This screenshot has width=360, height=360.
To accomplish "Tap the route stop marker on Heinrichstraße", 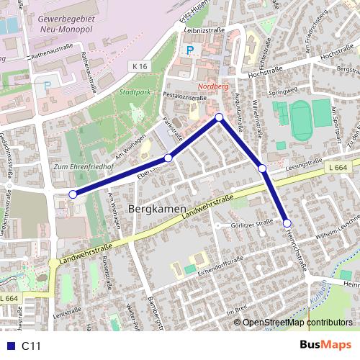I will pyautogui.click(x=287, y=223).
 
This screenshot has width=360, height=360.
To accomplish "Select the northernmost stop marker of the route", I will pyautogui.click(x=220, y=117).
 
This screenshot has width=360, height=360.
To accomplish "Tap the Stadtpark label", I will pyautogui.click(x=135, y=92).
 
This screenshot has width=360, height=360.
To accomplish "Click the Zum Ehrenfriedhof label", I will pyautogui.click(x=76, y=167).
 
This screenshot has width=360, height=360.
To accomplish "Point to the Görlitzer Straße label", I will pyautogui.click(x=252, y=224).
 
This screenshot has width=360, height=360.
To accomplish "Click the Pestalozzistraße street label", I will pyautogui.click(x=185, y=94).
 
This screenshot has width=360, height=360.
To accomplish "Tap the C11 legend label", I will pyautogui.click(x=31, y=346).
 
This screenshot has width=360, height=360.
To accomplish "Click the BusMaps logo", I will pyautogui.click(x=326, y=345).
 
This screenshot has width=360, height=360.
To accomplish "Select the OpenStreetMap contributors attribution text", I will pyautogui.click(x=297, y=322).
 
